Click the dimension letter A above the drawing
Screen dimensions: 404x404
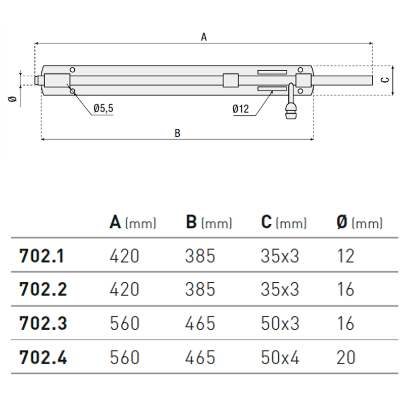click(x=204, y=37)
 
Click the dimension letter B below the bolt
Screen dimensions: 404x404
click(x=177, y=133)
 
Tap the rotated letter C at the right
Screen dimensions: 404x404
click(x=385, y=80)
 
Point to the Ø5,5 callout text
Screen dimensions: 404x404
click(x=104, y=109)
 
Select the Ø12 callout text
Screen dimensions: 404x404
click(x=241, y=109)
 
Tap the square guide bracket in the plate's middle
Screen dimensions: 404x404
click(x=231, y=80)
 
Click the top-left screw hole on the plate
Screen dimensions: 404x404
click(x=73, y=70)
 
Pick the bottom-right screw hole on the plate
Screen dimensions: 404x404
click(x=300, y=91)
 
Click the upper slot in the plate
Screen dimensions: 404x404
click(x=272, y=72)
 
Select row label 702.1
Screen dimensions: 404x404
click(x=41, y=256)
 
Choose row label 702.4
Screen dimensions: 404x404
click(x=43, y=357)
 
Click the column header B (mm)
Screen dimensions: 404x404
click(x=209, y=222)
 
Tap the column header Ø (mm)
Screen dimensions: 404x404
click(x=360, y=222)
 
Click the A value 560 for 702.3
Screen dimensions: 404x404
click(x=124, y=323)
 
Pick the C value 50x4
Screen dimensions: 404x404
click(x=280, y=358)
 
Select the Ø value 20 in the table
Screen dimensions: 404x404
click(x=346, y=358)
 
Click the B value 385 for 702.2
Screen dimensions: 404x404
click(x=200, y=289)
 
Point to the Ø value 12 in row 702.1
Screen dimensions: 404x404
click(x=345, y=256)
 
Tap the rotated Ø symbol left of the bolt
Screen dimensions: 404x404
click(x=12, y=99)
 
